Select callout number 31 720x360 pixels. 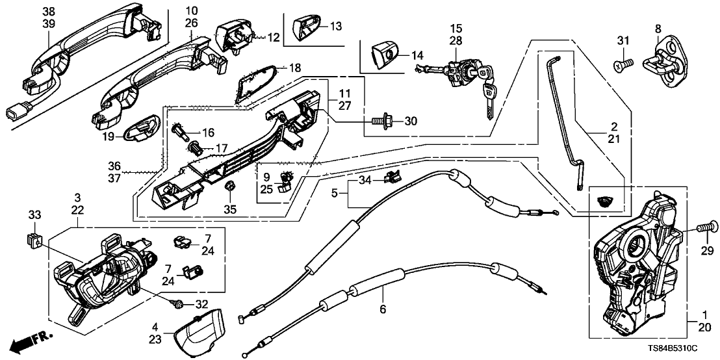623,43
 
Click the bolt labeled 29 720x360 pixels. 704,227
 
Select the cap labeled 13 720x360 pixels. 307,27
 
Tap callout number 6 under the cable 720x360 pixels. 383,309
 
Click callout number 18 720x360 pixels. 295,68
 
